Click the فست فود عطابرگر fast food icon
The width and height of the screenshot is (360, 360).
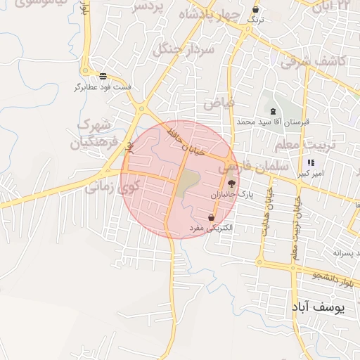[x=103, y=76]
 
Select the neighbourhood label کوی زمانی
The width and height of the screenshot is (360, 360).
[x=113, y=188]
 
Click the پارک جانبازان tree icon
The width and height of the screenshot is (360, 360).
[x=232, y=183]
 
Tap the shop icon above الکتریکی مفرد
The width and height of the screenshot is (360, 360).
[x=211, y=218]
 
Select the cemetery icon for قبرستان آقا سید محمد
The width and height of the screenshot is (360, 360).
[x=271, y=112]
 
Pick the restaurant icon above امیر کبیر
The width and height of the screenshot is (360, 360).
[x=311, y=162]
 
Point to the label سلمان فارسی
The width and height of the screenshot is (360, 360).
[x=254, y=167]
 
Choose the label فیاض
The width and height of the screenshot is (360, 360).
[x=219, y=103]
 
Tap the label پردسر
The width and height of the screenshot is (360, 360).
[x=148, y=6]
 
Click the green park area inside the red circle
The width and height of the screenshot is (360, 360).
[x=187, y=184]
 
